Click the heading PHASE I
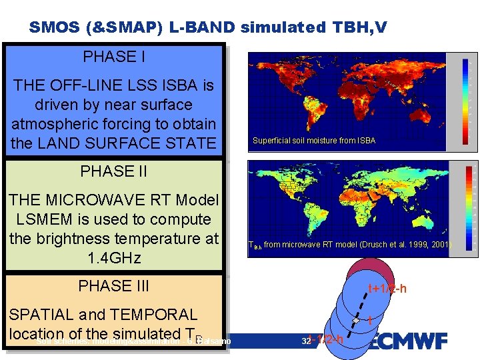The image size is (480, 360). pos(114,57)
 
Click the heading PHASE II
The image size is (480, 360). pos(114,171)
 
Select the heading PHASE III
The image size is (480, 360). pos(114,286)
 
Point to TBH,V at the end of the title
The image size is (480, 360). pos(357,27)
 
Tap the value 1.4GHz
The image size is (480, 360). pos(114,257)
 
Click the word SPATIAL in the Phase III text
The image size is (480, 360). pos(43,315)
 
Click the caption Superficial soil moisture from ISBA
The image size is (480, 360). pos(313,141)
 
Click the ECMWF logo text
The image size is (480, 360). pos(408,341)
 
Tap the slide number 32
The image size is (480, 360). pos(306,341)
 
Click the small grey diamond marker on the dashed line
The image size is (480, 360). pos(357,322)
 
